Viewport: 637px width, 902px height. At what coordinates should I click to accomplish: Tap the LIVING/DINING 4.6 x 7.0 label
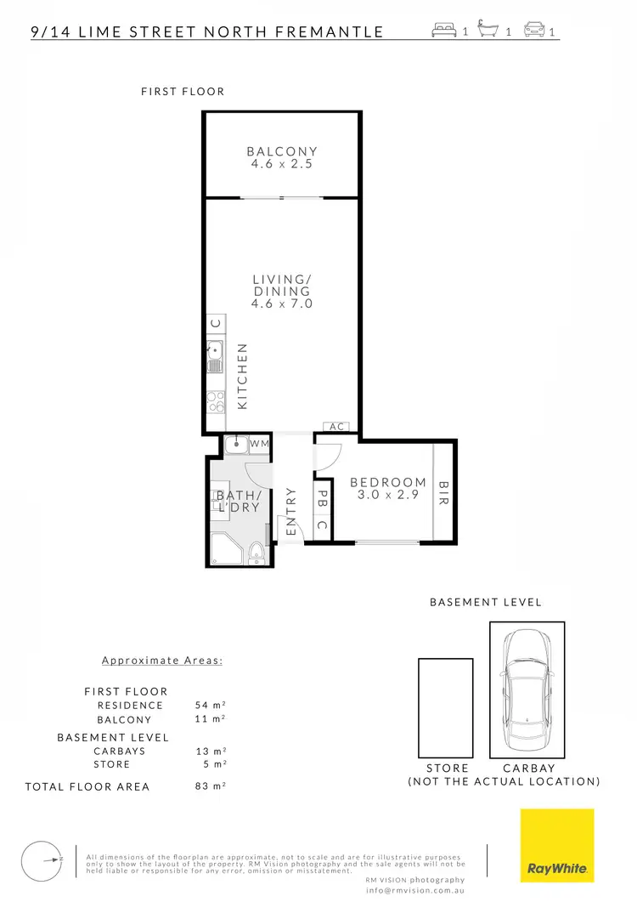coord(282,291)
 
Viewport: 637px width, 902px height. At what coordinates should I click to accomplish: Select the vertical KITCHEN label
coord(242,376)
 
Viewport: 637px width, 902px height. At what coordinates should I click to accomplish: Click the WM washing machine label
coord(259,444)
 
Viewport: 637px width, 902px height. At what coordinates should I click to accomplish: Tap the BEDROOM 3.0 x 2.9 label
coord(388,489)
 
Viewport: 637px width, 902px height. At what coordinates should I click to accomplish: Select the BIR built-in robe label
coord(443,494)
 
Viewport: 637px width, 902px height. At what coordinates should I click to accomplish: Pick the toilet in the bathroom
coord(256,552)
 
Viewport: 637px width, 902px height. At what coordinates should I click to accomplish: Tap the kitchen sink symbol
coord(215,348)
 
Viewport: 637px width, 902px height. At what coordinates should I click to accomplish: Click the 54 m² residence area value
coord(210,706)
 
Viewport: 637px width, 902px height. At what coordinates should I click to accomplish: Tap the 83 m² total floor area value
coord(210,786)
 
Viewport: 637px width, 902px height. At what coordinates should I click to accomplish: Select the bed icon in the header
coord(444,31)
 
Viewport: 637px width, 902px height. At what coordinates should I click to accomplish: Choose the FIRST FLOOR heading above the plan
coord(183,91)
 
